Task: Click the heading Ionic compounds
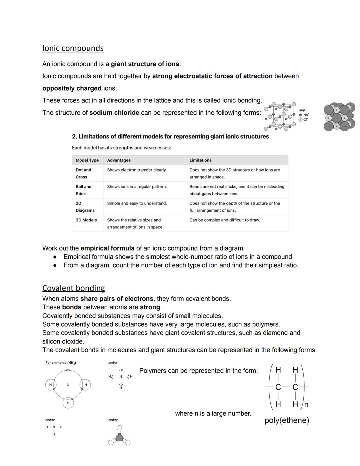coord(73,48)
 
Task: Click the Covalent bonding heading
coord(73,288)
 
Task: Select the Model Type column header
coord(87,160)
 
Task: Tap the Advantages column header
coord(119,160)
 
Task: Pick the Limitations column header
coord(200,160)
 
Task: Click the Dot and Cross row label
coord(83,173)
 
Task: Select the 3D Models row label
coord(86,220)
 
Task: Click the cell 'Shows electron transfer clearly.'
coord(137,170)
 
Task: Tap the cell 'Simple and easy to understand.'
coord(137,203)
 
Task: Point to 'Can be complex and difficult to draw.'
coord(224,220)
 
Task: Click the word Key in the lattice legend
coord(302,110)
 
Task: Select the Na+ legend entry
coord(304,115)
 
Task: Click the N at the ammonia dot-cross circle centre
coord(68,385)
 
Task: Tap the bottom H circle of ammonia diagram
coord(68,403)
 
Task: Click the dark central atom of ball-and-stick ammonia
coord(119,438)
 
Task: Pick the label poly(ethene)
coord(287,420)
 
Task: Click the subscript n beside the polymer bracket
coord(306,405)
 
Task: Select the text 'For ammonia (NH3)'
coord(61,363)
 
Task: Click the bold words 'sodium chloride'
coord(114,113)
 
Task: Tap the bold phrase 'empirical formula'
coord(107,249)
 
